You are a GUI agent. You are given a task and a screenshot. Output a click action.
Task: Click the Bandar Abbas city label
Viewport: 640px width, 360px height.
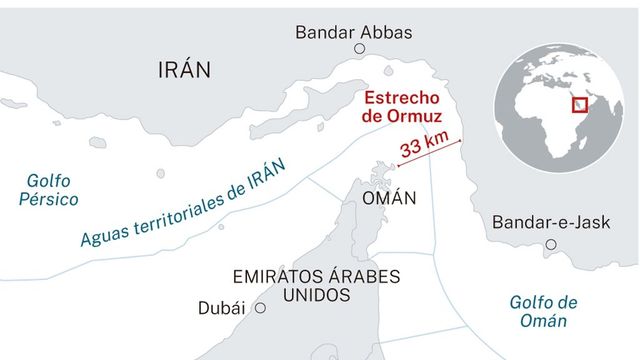(353, 32)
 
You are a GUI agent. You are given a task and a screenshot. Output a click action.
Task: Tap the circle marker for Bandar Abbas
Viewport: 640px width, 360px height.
(359, 49)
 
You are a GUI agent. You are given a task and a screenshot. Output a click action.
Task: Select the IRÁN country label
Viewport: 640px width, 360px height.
(185, 69)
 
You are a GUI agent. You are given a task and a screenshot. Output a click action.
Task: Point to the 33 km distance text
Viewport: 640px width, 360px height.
(424, 148)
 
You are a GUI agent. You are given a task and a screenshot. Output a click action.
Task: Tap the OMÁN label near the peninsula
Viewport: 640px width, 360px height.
(389, 198)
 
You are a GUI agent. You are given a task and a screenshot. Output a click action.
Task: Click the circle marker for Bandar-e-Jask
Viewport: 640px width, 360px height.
(550, 244)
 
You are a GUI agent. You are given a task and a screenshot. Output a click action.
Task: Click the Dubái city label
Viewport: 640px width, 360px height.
(221, 308)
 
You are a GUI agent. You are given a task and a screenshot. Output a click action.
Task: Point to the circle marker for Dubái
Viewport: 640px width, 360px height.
(260, 309)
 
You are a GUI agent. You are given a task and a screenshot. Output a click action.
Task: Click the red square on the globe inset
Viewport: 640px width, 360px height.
(579, 105)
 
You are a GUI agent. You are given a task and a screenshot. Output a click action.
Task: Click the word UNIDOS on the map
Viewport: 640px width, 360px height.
(315, 295)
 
